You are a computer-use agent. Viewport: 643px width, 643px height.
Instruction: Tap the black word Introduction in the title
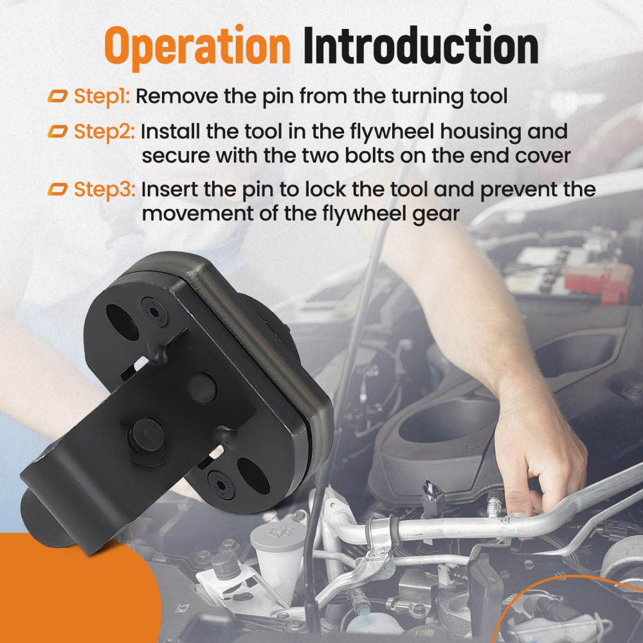pyautogui.click(x=421, y=45)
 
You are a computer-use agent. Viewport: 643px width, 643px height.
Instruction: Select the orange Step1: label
pyautogui.click(x=102, y=97)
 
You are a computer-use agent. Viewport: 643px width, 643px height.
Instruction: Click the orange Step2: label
pyautogui.click(x=104, y=132)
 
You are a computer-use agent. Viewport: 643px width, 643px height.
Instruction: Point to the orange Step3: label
pyautogui.click(x=105, y=190)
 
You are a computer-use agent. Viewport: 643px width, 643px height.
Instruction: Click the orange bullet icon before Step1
pyautogui.click(x=57, y=96)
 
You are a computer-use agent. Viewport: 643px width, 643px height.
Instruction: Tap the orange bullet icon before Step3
pyautogui.click(x=57, y=189)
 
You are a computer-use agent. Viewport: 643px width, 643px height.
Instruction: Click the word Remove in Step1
pyautogui.click(x=177, y=96)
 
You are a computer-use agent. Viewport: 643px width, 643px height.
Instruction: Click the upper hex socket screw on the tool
pyautogui.click(x=154, y=312)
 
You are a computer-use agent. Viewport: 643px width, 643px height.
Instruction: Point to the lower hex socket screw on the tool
pyautogui.click(x=221, y=485)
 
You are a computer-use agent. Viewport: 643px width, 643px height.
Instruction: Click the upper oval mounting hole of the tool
pyautogui.click(x=122, y=322)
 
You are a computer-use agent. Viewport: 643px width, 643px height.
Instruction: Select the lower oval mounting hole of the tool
pyautogui.click(x=253, y=476)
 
